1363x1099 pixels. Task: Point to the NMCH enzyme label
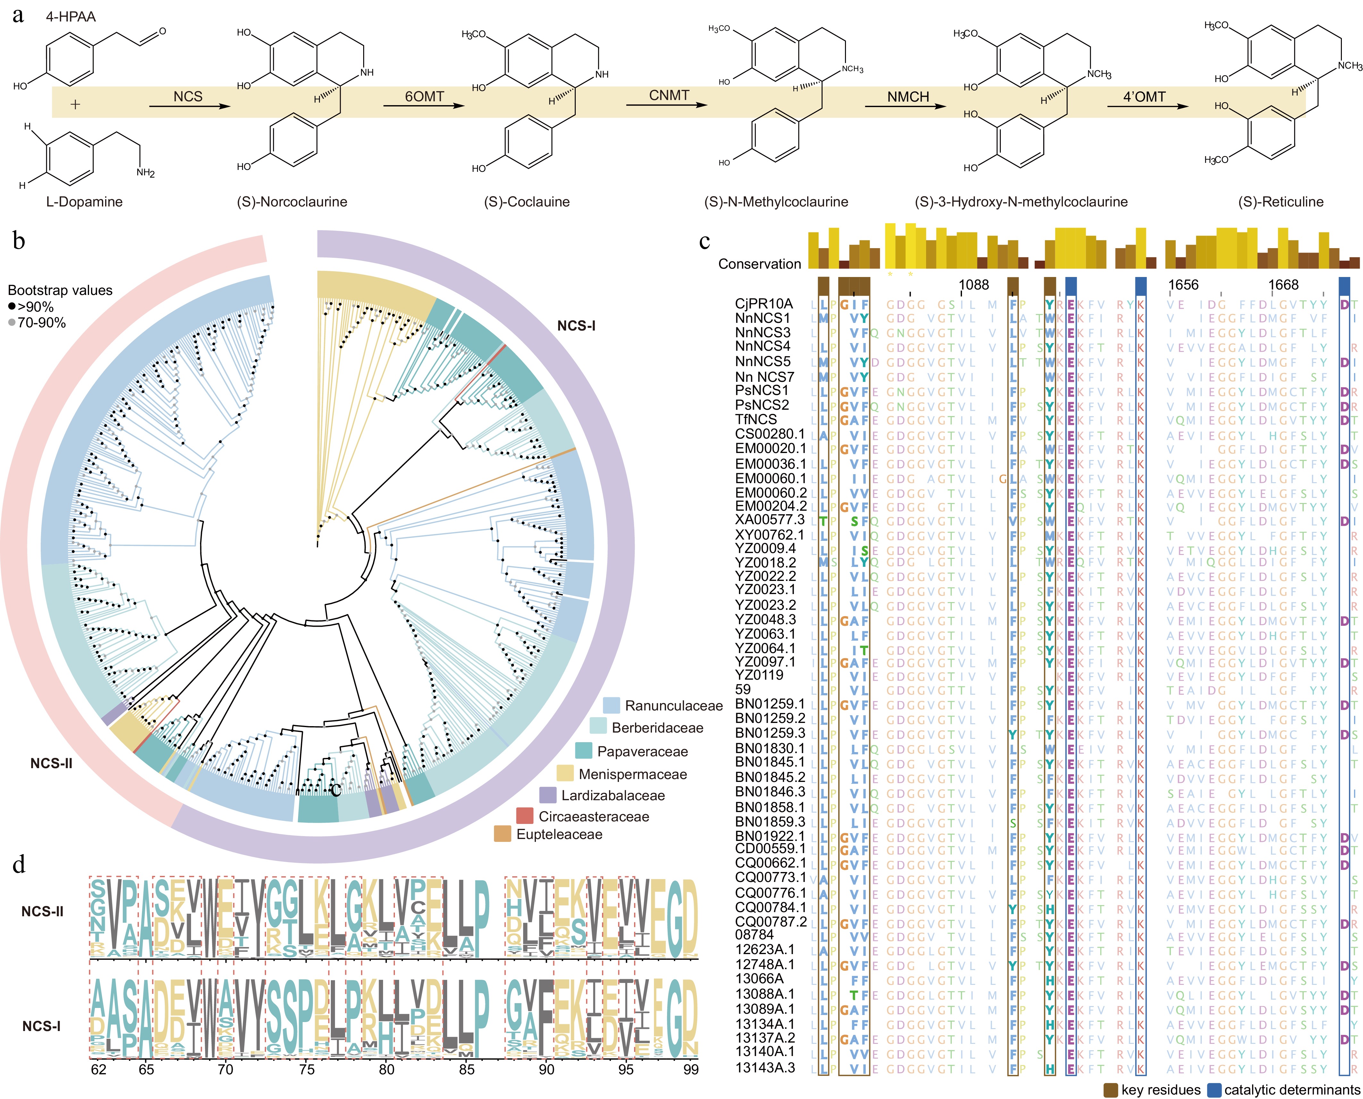[x=908, y=97]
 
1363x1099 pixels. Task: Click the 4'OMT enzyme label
[x=1144, y=97]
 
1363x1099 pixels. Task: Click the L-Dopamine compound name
[x=84, y=202]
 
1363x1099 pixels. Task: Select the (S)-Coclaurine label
[x=527, y=202]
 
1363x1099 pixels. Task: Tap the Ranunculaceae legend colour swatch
[x=611, y=705]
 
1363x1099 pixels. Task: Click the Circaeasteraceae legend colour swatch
[x=525, y=816]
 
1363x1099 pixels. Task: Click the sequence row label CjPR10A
[x=764, y=304]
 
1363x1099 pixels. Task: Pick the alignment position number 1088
[x=974, y=285]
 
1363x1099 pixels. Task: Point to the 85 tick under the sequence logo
[x=467, y=1069]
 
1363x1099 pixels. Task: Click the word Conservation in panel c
[x=759, y=264]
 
